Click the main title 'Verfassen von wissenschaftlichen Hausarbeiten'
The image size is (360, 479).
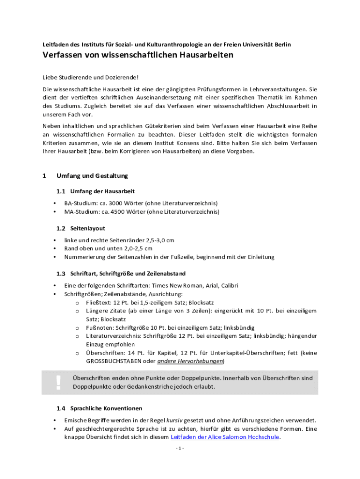tap(138, 55)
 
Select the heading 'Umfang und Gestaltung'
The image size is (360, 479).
tap(92, 176)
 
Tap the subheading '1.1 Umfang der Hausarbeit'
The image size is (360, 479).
tap(96, 191)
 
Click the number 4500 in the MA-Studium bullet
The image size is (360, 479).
tap(117, 212)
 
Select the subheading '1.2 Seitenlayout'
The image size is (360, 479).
tap(81, 228)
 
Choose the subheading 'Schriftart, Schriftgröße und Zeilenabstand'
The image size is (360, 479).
tap(128, 273)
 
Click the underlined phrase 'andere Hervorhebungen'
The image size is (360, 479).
tap(190, 361)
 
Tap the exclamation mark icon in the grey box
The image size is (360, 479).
tap(58, 382)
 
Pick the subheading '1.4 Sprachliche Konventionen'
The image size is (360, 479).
tap(100, 408)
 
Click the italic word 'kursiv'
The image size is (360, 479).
tap(173, 420)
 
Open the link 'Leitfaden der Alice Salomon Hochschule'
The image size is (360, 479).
tap(225, 437)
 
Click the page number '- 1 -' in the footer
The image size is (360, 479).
tap(180, 448)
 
